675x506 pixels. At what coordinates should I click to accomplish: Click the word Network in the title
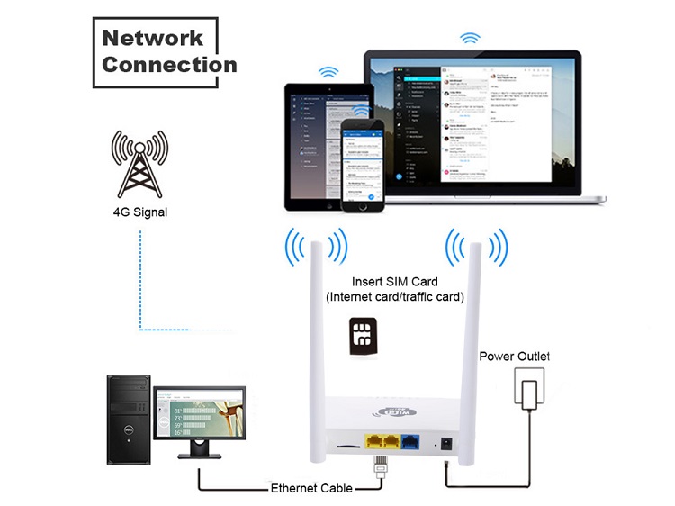pos(153,38)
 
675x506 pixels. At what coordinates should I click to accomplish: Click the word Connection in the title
pos(169,65)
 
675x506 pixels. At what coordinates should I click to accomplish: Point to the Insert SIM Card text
pos(394,282)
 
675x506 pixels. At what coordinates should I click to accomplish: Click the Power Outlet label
pos(514,357)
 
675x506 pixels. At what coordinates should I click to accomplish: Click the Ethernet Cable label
pos(310,490)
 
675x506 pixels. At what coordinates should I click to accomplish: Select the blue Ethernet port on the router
pos(410,442)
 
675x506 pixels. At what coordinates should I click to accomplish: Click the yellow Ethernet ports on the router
pos(381,442)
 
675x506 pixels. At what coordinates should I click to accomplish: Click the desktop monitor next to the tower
pos(199,419)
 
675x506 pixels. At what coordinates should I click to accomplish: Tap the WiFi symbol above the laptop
pos(470,39)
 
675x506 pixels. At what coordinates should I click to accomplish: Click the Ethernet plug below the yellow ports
pos(380,468)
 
